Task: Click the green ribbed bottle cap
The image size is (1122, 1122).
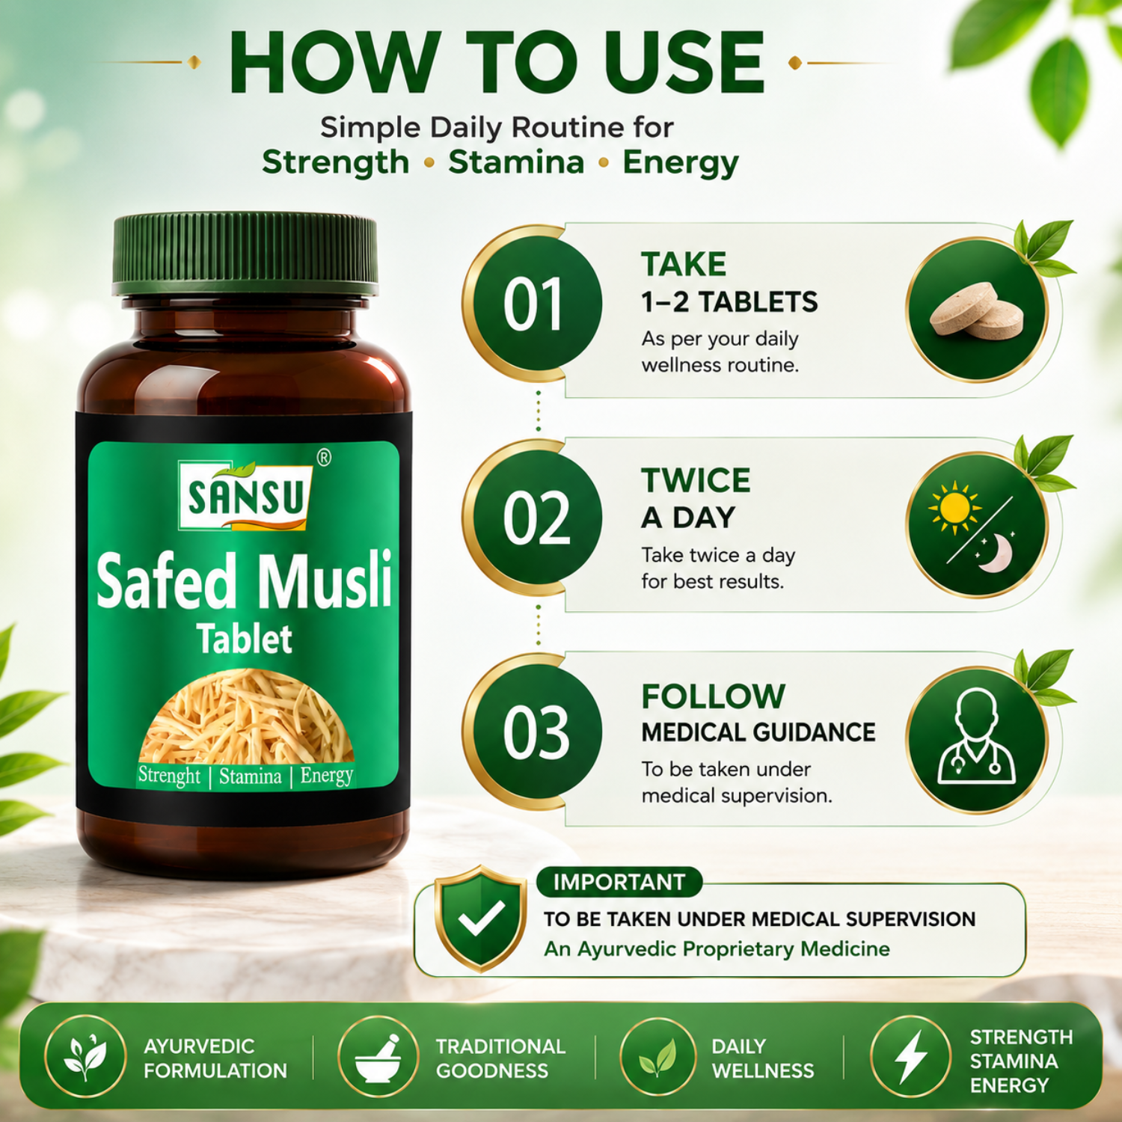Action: pos(245,254)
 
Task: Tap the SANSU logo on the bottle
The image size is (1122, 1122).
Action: pos(245,494)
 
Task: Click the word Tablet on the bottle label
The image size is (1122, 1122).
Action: pos(245,640)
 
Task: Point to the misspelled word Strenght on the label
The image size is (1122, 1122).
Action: pos(169,776)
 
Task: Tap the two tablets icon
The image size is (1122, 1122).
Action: pos(977,310)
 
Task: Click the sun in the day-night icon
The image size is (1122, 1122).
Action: pos(954,508)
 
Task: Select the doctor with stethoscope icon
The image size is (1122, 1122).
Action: pos(977,738)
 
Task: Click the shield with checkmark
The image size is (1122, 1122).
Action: pos(481,918)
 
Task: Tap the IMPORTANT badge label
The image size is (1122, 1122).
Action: pos(619,882)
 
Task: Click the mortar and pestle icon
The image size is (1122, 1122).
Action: pos(378,1058)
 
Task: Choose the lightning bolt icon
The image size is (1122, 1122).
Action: pos(911,1056)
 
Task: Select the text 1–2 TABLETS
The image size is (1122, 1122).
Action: pos(729,302)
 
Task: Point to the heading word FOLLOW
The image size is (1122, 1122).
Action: pos(714,696)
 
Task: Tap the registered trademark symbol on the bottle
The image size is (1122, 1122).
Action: pos(324,457)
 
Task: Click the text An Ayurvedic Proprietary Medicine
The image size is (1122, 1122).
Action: pos(717,949)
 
